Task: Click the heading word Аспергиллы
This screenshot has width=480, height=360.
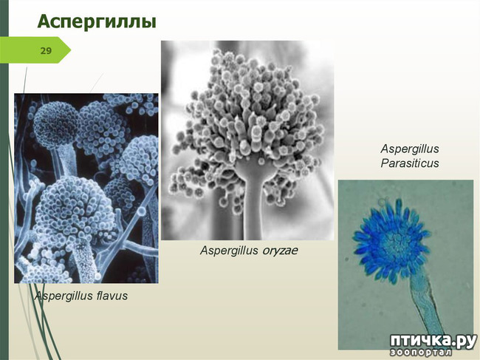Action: point(97,22)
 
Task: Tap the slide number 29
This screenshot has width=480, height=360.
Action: point(46,50)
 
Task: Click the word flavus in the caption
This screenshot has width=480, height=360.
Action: point(112,296)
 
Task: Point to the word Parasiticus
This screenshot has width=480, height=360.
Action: point(410,163)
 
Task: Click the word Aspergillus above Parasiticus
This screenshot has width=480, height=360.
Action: point(410,149)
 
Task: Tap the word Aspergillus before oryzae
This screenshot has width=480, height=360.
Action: point(230,251)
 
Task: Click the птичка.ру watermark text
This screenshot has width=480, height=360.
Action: point(433,341)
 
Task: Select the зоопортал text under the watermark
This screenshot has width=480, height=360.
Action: point(421,353)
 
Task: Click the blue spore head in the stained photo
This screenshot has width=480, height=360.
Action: point(392,239)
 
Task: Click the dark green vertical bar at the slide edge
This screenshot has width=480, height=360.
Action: point(4,184)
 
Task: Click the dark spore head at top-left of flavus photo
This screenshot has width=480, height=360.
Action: point(56,125)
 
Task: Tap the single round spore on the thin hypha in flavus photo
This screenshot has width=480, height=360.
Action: point(142,211)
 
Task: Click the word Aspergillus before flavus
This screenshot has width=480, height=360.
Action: point(64,296)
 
